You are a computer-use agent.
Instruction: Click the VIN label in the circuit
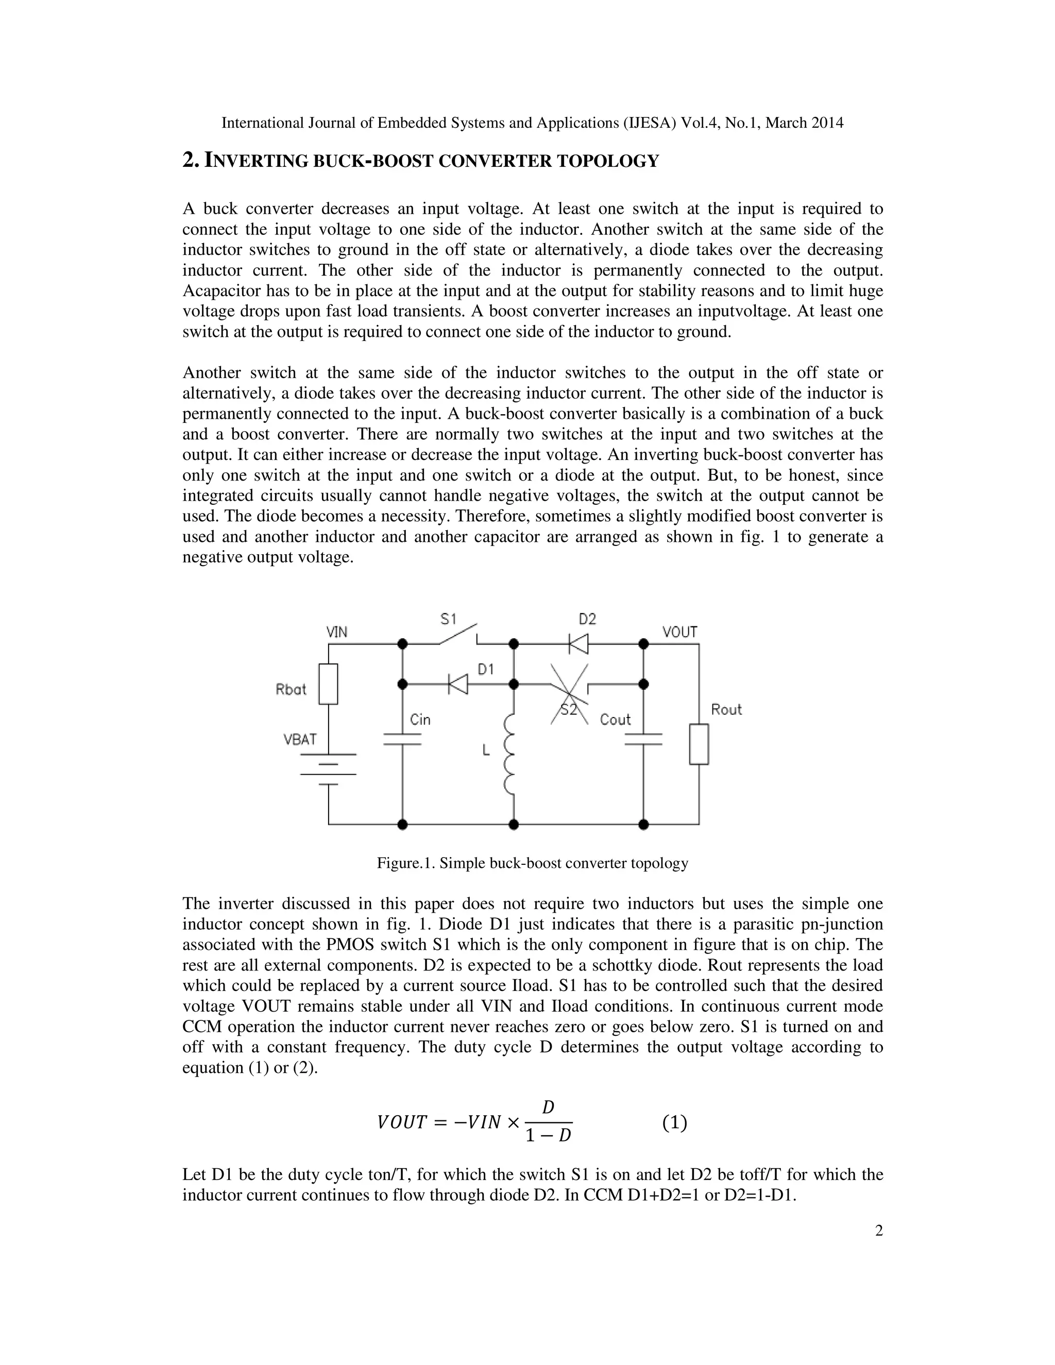click(337, 632)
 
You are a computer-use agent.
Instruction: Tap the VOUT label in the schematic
click(679, 632)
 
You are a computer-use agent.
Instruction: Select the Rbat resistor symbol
click(329, 685)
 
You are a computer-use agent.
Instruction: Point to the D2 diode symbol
click(578, 643)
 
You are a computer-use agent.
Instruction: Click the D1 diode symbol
click(458, 685)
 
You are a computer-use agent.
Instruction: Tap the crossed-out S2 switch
click(569, 694)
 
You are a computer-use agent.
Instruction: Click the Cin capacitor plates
click(402, 739)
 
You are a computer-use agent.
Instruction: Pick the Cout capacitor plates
click(643, 739)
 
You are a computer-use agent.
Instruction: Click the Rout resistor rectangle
click(699, 744)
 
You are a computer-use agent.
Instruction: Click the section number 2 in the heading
click(190, 161)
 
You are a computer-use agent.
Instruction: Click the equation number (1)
click(674, 1123)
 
